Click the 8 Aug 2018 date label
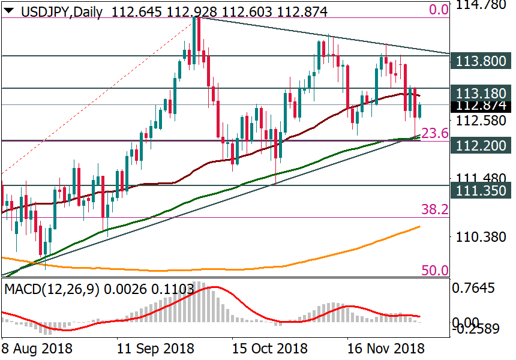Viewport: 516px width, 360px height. (37, 348)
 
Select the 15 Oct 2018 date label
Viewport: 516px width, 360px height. (270, 348)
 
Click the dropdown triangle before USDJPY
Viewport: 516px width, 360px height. (9, 9)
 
